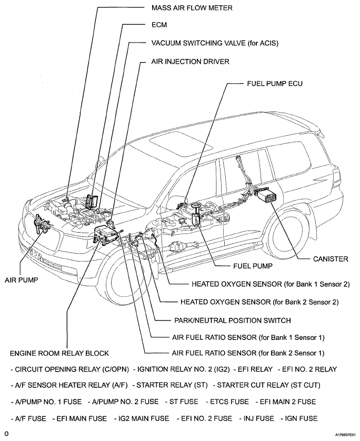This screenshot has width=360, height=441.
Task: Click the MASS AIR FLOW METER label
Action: tap(192, 8)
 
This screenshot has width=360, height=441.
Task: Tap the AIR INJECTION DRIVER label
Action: tap(191, 62)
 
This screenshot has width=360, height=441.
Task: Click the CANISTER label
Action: tap(330, 259)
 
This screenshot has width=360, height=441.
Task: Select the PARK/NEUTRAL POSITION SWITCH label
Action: tap(232, 320)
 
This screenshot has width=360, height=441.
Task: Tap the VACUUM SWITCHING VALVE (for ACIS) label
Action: tap(215, 43)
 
